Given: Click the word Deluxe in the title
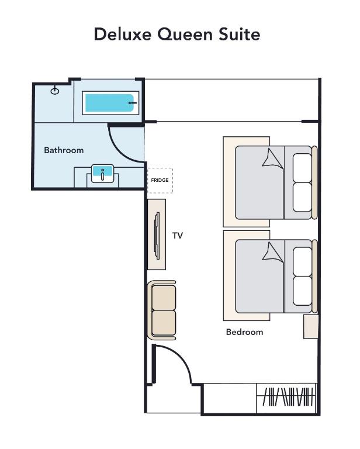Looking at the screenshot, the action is point(123,34).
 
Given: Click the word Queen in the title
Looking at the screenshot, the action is point(185,34).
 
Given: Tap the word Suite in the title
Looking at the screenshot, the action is point(239,34).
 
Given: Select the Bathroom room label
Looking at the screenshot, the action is point(64,150).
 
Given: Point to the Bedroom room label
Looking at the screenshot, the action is point(244,332).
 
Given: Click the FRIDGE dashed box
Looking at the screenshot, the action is point(160,181).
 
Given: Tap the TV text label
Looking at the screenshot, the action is point(178,236).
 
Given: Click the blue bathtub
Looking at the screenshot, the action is point(110,103).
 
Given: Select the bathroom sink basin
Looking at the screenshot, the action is point(102,174).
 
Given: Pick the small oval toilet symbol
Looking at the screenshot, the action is point(55,91).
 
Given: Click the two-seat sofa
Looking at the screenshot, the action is point(162,310).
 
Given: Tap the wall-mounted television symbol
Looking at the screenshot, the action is point(157,236).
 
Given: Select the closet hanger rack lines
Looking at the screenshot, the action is point(287,396).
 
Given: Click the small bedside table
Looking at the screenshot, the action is point(311,327).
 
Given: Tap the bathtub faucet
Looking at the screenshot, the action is point(132,103).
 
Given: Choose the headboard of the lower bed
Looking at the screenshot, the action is point(314,276).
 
